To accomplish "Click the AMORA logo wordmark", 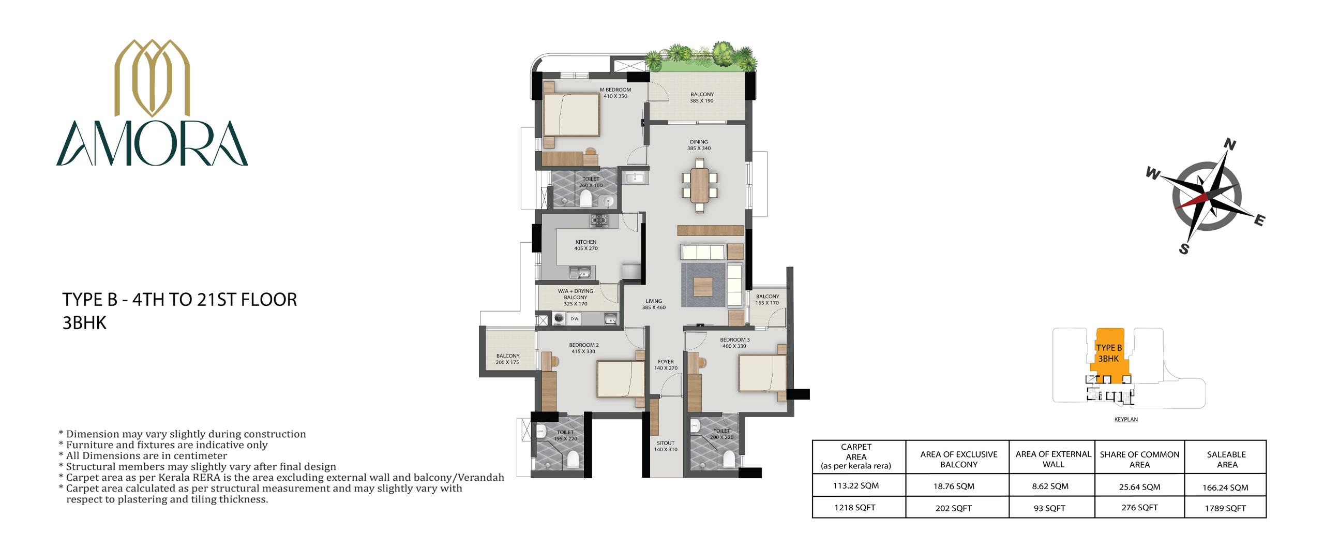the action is pyautogui.click(x=152, y=143).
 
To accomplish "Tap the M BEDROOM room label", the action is pyautogui.click(x=615, y=90).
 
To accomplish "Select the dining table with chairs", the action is pyautogui.click(x=699, y=186).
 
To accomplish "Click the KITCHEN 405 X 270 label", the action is pyautogui.click(x=586, y=245).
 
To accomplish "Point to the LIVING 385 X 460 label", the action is pyautogui.click(x=654, y=304).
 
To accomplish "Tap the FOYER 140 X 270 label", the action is pyautogui.click(x=666, y=365).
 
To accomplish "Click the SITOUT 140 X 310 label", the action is pyautogui.click(x=666, y=446).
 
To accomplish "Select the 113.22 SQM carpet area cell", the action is pyautogui.click(x=855, y=485).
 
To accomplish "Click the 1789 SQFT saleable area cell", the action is pyautogui.click(x=1225, y=508).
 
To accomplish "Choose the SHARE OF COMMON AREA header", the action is pyautogui.click(x=1139, y=459).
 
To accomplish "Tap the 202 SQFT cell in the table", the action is pyautogui.click(x=953, y=508).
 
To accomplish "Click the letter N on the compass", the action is pyautogui.click(x=1230, y=144).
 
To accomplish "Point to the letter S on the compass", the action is pyautogui.click(x=1184, y=249).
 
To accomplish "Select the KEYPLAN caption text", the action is pyautogui.click(x=1126, y=419).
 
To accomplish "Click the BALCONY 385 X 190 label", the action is pyautogui.click(x=702, y=97).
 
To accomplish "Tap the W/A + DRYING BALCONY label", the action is pyautogui.click(x=576, y=297).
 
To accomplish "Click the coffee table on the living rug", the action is pyautogui.click(x=703, y=286).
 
